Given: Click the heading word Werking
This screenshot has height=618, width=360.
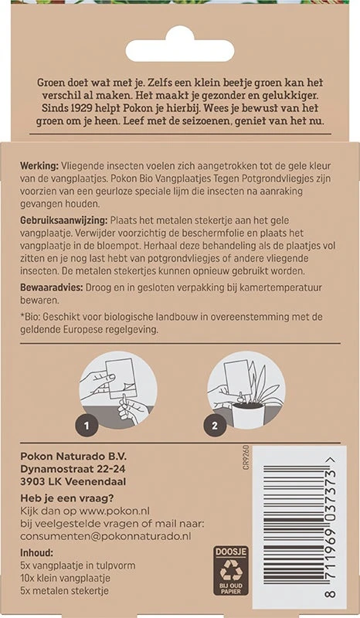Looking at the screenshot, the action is (x=39, y=165).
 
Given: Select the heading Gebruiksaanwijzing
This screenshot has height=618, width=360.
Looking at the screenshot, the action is (x=64, y=220).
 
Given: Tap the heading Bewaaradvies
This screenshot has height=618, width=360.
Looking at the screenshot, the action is (x=51, y=287).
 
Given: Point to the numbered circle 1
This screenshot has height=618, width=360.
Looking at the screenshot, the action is (x=87, y=426).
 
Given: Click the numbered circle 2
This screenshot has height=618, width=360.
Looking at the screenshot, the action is (x=215, y=426).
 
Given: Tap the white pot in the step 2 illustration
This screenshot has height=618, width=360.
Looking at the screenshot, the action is (x=249, y=413).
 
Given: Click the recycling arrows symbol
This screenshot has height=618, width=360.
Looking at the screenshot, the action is (x=231, y=571).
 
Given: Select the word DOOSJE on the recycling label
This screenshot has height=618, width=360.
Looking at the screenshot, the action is (x=231, y=552).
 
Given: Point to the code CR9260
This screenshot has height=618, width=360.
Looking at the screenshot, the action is (x=246, y=457).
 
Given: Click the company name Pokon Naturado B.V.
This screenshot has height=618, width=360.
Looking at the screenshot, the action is (x=73, y=457).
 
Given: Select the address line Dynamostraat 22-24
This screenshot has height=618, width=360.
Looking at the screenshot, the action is (x=73, y=469).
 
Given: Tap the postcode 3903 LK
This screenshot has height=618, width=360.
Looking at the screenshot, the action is (x=41, y=481).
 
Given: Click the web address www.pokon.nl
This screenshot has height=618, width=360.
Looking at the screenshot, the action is (x=114, y=511).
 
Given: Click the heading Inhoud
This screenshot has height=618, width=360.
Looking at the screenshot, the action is (x=36, y=552).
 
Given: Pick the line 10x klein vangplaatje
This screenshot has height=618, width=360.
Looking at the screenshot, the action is (x=65, y=578).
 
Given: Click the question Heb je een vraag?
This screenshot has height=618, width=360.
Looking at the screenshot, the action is (x=66, y=498).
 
